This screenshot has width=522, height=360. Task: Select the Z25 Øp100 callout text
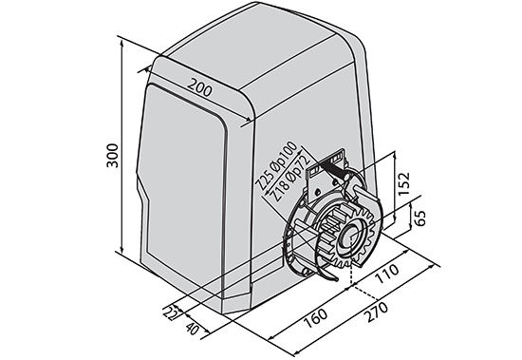pyautogui.click(x=277, y=167)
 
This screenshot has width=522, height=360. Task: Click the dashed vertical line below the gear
pyautogui.click(x=351, y=275)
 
